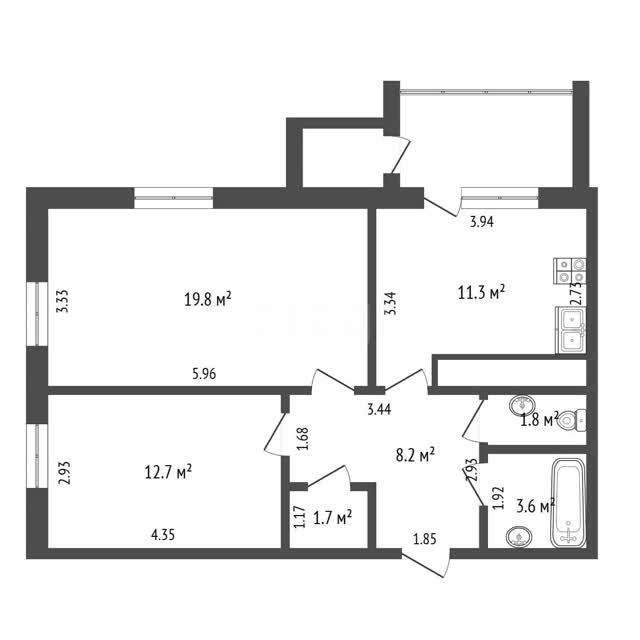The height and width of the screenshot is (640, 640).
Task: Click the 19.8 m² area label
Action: (x=208, y=299)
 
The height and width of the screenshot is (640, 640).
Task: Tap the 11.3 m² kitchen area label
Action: (x=482, y=292)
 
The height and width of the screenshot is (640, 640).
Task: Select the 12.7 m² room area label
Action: (x=168, y=472)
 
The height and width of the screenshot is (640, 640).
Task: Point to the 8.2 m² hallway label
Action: (x=415, y=454)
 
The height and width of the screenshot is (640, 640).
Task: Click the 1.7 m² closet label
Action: (x=332, y=518)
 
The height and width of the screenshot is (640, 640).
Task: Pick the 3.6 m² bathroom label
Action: (x=536, y=506)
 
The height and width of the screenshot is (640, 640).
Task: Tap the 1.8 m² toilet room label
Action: (x=539, y=420)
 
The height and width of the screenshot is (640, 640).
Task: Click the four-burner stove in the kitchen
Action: (x=570, y=271)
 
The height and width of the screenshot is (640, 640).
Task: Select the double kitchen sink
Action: (x=571, y=330)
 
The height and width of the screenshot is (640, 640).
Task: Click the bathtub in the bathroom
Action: (x=569, y=502)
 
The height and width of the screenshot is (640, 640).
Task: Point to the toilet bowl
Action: (x=573, y=420)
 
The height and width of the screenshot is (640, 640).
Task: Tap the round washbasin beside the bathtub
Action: (x=518, y=536)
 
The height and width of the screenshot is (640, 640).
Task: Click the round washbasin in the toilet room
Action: (x=522, y=405)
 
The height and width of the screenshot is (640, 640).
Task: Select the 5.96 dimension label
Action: (x=204, y=373)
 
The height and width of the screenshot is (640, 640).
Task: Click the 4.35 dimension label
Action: (x=163, y=534)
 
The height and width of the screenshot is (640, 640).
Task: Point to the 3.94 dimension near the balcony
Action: (x=482, y=222)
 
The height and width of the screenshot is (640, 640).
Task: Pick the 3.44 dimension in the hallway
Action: (x=379, y=409)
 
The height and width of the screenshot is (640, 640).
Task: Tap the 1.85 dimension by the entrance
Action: (x=425, y=539)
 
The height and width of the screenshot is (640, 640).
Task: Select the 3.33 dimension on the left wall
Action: (x=63, y=301)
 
